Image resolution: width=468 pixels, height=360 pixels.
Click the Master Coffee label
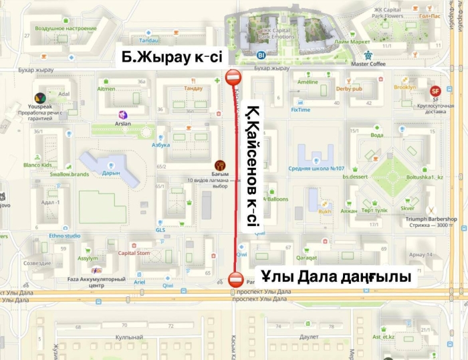[x=368, y=64]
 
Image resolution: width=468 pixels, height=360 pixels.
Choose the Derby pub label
[x=348, y=88]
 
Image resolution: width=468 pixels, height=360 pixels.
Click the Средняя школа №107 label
[x=316, y=168]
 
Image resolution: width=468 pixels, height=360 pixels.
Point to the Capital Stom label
[x=134, y=253]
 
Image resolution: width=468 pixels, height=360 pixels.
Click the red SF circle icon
[x=435, y=90]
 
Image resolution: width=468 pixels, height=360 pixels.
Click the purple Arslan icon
[x=122, y=114]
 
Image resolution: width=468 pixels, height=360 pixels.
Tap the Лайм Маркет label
[x=352, y=41]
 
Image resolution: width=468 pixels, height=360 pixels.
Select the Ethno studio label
[x=64, y=236]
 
